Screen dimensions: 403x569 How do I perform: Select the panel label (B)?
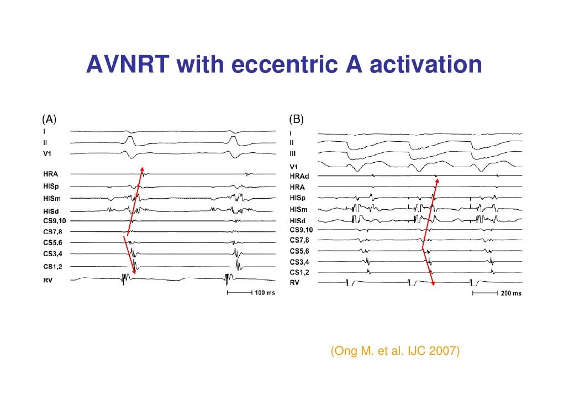point(296,119)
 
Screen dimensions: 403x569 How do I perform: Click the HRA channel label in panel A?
point(51,174)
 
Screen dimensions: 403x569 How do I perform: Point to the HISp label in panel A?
point(51,186)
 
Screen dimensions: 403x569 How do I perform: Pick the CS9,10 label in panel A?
point(55,221)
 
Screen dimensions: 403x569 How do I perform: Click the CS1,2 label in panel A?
point(53,267)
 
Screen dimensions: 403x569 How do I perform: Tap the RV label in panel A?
point(49,280)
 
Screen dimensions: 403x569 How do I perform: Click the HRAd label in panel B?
point(301,176)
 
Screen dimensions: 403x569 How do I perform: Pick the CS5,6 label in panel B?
point(301,251)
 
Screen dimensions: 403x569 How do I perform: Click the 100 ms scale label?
point(265,292)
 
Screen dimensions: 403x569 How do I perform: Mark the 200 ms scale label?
point(510,293)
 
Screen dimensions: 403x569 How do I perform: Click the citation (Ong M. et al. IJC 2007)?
point(395,351)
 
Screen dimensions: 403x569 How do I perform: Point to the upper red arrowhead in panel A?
point(141,168)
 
